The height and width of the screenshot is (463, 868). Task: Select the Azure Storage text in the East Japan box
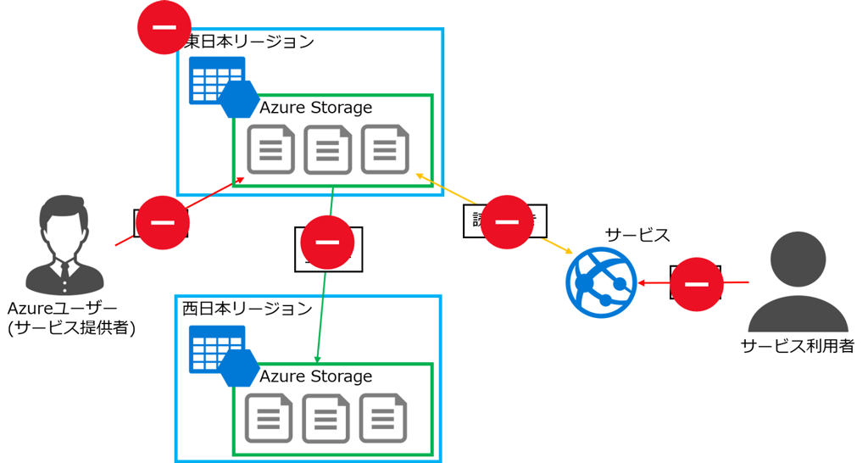pos(315,108)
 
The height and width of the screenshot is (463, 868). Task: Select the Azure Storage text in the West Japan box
pos(315,376)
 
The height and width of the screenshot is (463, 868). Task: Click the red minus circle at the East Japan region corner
pos(164,28)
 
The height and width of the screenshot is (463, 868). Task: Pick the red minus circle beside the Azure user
pos(162,222)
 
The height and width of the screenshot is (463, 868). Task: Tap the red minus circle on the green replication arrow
pos(327,242)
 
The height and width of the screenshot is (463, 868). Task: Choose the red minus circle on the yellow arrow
pos(507,221)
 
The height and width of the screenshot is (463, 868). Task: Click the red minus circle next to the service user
pos(697,284)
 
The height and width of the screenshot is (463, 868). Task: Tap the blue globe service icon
pos(601,282)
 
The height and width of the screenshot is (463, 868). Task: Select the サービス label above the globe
pos(637,235)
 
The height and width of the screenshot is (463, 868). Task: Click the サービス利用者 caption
pos(797,345)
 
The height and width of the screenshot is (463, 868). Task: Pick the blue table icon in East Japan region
pos(216,80)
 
